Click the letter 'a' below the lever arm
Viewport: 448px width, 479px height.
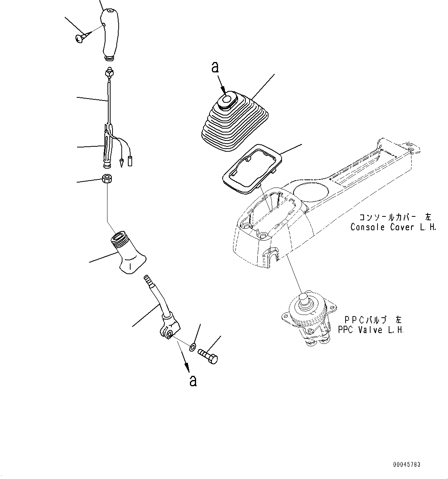point(193,380)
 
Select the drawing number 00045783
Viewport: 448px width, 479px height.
point(406,465)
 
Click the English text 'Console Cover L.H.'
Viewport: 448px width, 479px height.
point(393,227)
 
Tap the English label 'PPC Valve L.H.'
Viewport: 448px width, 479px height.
point(371,330)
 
